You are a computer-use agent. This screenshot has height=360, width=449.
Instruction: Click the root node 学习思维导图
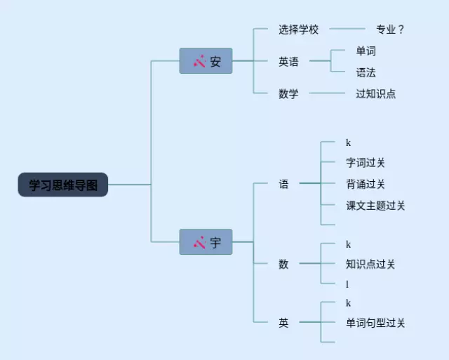click(63, 185)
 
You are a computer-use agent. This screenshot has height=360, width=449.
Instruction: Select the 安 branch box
click(206, 61)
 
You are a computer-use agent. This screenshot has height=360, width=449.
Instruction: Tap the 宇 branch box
click(206, 242)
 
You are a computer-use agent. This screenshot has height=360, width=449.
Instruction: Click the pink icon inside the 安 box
click(199, 61)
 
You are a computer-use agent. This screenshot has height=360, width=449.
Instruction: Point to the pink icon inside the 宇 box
click(199, 242)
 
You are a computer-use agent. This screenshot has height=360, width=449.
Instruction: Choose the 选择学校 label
click(299, 29)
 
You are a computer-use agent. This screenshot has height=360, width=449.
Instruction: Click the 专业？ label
click(390, 29)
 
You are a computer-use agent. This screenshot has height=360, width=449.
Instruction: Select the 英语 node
click(288, 62)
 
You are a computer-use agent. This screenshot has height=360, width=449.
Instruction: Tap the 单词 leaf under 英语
click(366, 51)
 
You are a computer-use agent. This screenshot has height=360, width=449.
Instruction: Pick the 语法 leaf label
click(366, 72)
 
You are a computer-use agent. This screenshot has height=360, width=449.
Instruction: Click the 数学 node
click(288, 93)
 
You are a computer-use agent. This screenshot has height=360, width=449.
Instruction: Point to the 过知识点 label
click(376, 93)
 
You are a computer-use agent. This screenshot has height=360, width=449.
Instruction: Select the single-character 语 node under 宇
click(283, 184)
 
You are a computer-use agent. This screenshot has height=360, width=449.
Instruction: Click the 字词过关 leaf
click(366, 163)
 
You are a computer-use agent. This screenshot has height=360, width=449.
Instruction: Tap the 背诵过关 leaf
click(366, 184)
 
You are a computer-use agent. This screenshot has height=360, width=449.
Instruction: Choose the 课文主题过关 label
click(375, 206)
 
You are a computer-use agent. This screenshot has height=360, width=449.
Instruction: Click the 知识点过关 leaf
click(370, 264)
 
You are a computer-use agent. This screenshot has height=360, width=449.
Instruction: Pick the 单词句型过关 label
click(375, 323)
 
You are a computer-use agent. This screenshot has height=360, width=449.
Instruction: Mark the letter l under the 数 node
click(347, 284)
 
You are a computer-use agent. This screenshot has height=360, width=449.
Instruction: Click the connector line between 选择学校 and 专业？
click(347, 29)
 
